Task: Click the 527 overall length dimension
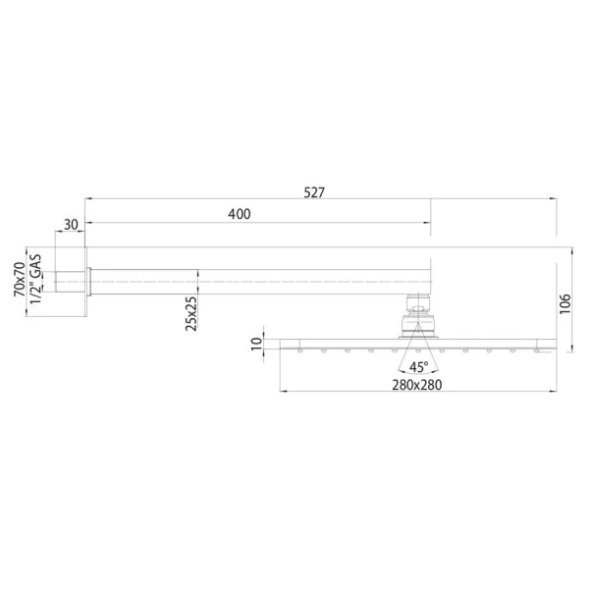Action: point(313,192)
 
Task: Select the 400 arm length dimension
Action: point(239,214)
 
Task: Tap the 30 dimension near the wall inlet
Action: point(71,225)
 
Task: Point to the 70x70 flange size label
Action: point(19,280)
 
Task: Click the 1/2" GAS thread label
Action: point(35,279)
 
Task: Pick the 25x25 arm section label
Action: point(192,313)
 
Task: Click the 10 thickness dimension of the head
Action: point(257,344)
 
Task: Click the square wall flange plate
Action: point(88,281)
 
